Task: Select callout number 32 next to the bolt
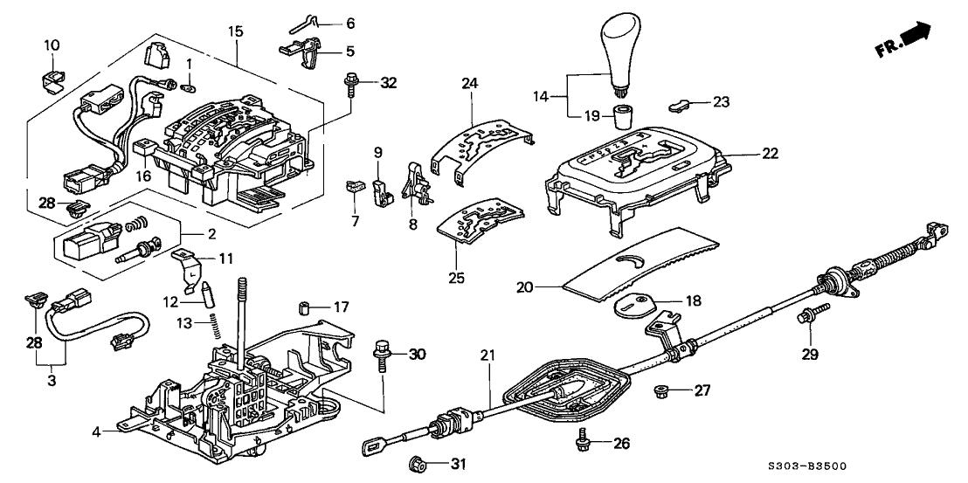[x=388, y=83]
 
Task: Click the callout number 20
[x=547, y=286]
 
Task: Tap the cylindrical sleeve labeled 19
[x=622, y=117]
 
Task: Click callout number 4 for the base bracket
[x=96, y=430]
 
